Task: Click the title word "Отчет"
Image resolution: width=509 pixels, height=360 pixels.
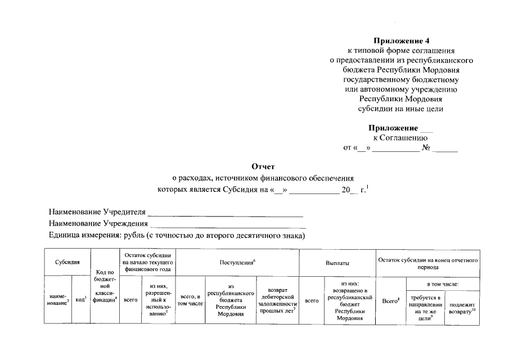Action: [263, 166]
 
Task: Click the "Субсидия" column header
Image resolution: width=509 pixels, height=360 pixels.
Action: [67, 263]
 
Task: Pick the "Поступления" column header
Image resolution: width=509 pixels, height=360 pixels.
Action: [237, 263]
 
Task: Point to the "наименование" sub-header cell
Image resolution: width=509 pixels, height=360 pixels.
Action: [58, 299]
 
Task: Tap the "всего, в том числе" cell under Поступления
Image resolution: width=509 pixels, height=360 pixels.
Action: [190, 300]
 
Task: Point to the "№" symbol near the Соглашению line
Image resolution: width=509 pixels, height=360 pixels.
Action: [426, 148]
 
